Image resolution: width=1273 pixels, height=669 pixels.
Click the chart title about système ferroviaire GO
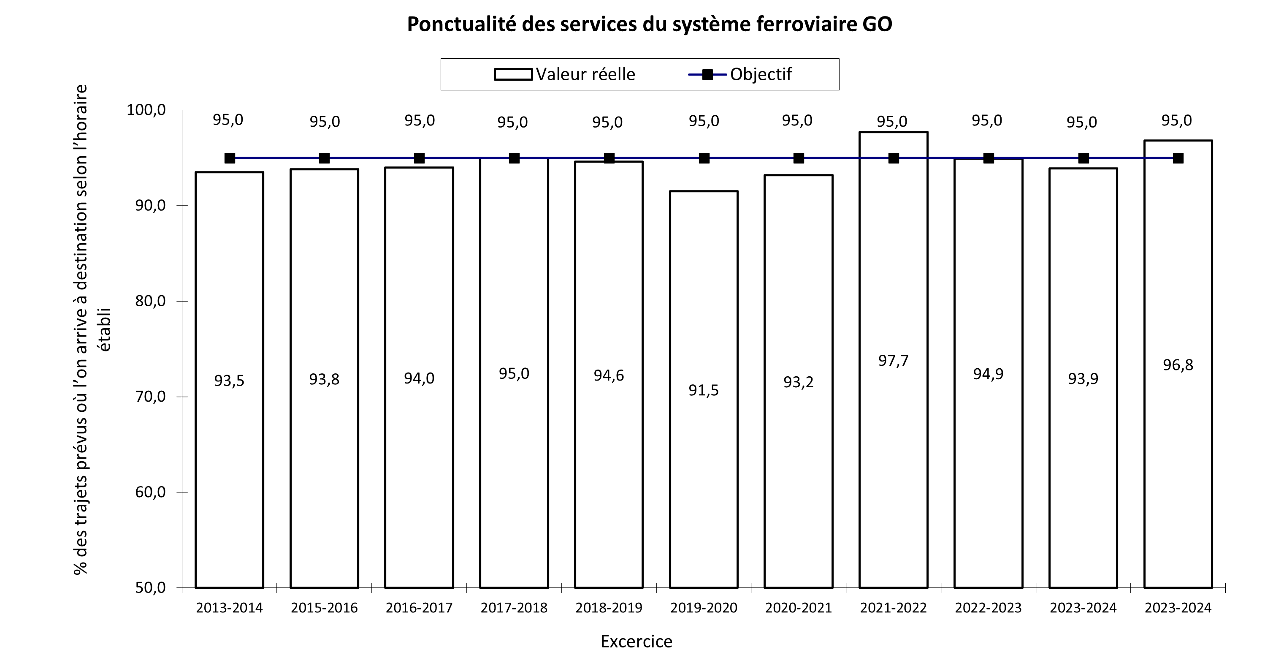point(649,24)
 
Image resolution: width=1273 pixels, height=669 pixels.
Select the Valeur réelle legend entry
point(564,74)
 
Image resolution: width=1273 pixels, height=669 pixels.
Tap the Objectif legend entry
point(740,74)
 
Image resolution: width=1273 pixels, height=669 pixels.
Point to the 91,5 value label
point(704,391)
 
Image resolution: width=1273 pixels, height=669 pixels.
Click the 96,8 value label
point(1178,365)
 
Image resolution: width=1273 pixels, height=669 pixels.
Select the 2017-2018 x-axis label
point(514,608)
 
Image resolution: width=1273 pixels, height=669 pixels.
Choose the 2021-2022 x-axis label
point(893,608)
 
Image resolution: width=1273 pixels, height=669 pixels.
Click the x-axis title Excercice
point(636,641)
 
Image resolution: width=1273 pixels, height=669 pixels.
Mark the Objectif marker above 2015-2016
point(324,158)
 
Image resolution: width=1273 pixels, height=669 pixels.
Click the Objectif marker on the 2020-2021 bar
point(799,158)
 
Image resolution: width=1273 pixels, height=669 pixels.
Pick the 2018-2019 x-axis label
point(609,608)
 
